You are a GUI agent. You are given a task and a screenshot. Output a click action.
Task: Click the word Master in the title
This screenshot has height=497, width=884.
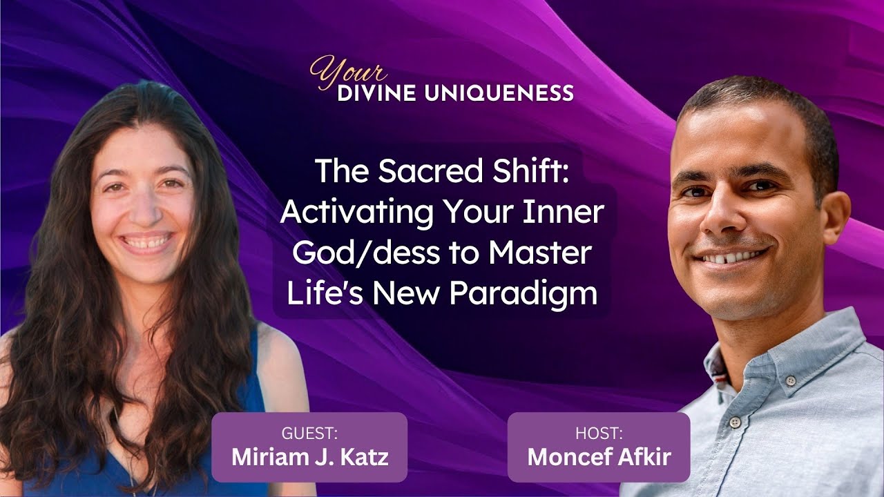539,253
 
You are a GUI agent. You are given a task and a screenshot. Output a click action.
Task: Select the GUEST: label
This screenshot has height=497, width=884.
309,433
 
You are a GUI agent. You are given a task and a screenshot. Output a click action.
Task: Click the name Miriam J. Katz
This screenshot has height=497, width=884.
310,457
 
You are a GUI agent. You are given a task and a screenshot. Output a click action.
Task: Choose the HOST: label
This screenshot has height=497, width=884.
599,433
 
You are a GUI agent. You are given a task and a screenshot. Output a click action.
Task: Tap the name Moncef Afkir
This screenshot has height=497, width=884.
599,457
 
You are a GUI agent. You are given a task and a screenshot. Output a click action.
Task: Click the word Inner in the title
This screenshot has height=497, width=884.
570,213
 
